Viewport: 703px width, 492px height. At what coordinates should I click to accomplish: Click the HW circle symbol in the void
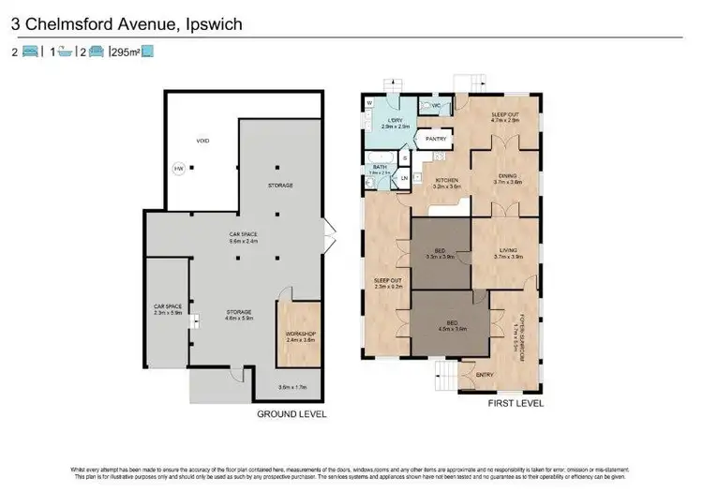179,170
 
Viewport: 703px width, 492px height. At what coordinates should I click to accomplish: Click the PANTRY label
435,139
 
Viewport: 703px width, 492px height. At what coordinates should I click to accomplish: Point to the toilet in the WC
437,107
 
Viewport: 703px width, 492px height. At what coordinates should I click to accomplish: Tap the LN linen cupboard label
405,178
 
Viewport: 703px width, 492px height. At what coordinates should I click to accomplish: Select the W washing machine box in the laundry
370,103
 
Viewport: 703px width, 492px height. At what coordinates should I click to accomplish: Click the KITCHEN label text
444,180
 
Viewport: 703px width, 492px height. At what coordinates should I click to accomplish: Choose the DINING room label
507,176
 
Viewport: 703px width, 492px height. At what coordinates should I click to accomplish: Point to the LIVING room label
507,252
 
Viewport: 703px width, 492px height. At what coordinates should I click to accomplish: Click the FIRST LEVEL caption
514,403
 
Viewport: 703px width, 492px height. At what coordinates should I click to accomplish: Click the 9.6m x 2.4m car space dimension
244,241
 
